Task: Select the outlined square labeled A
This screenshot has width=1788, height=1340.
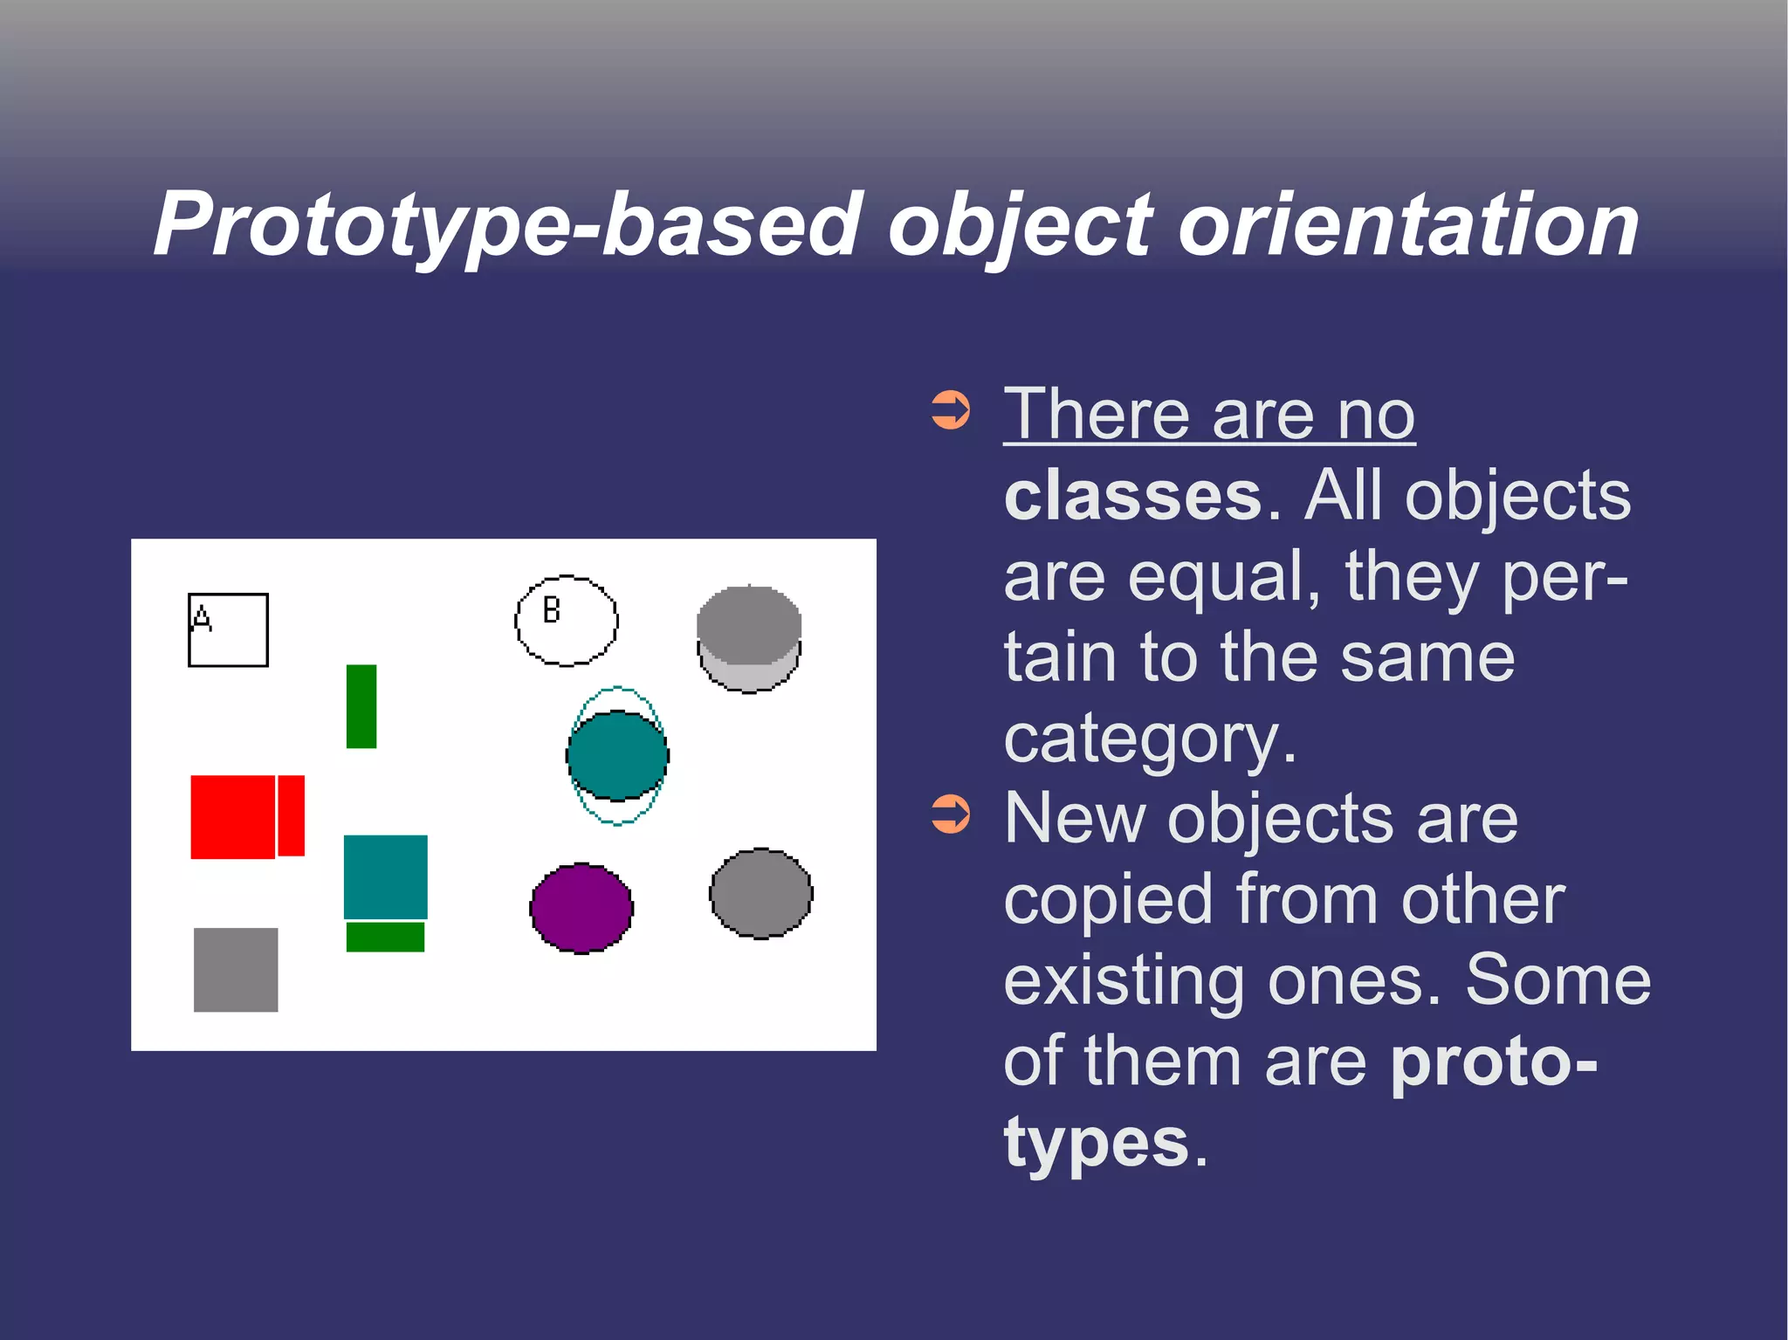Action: pyautogui.click(x=229, y=630)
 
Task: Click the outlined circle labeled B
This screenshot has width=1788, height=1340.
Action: pyautogui.click(x=567, y=621)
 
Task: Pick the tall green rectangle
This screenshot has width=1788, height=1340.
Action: pyautogui.click(x=361, y=706)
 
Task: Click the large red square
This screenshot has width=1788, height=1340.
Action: pyautogui.click(x=232, y=817)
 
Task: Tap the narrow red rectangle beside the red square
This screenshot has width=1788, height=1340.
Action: pyautogui.click(x=292, y=815)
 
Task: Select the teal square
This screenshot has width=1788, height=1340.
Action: pyautogui.click(x=385, y=876)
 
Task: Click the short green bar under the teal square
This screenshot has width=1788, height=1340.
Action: pyautogui.click(x=385, y=938)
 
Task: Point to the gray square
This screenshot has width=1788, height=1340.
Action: pyautogui.click(x=236, y=970)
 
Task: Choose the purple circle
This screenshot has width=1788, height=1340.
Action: pyautogui.click(x=581, y=908)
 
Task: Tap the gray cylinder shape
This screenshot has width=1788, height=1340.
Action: pyautogui.click(x=749, y=639)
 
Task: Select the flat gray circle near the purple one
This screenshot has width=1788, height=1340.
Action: pyautogui.click(x=761, y=894)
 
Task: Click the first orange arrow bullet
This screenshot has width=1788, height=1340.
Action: pyautogui.click(x=951, y=409)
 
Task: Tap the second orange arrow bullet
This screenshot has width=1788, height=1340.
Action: pyautogui.click(x=951, y=814)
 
